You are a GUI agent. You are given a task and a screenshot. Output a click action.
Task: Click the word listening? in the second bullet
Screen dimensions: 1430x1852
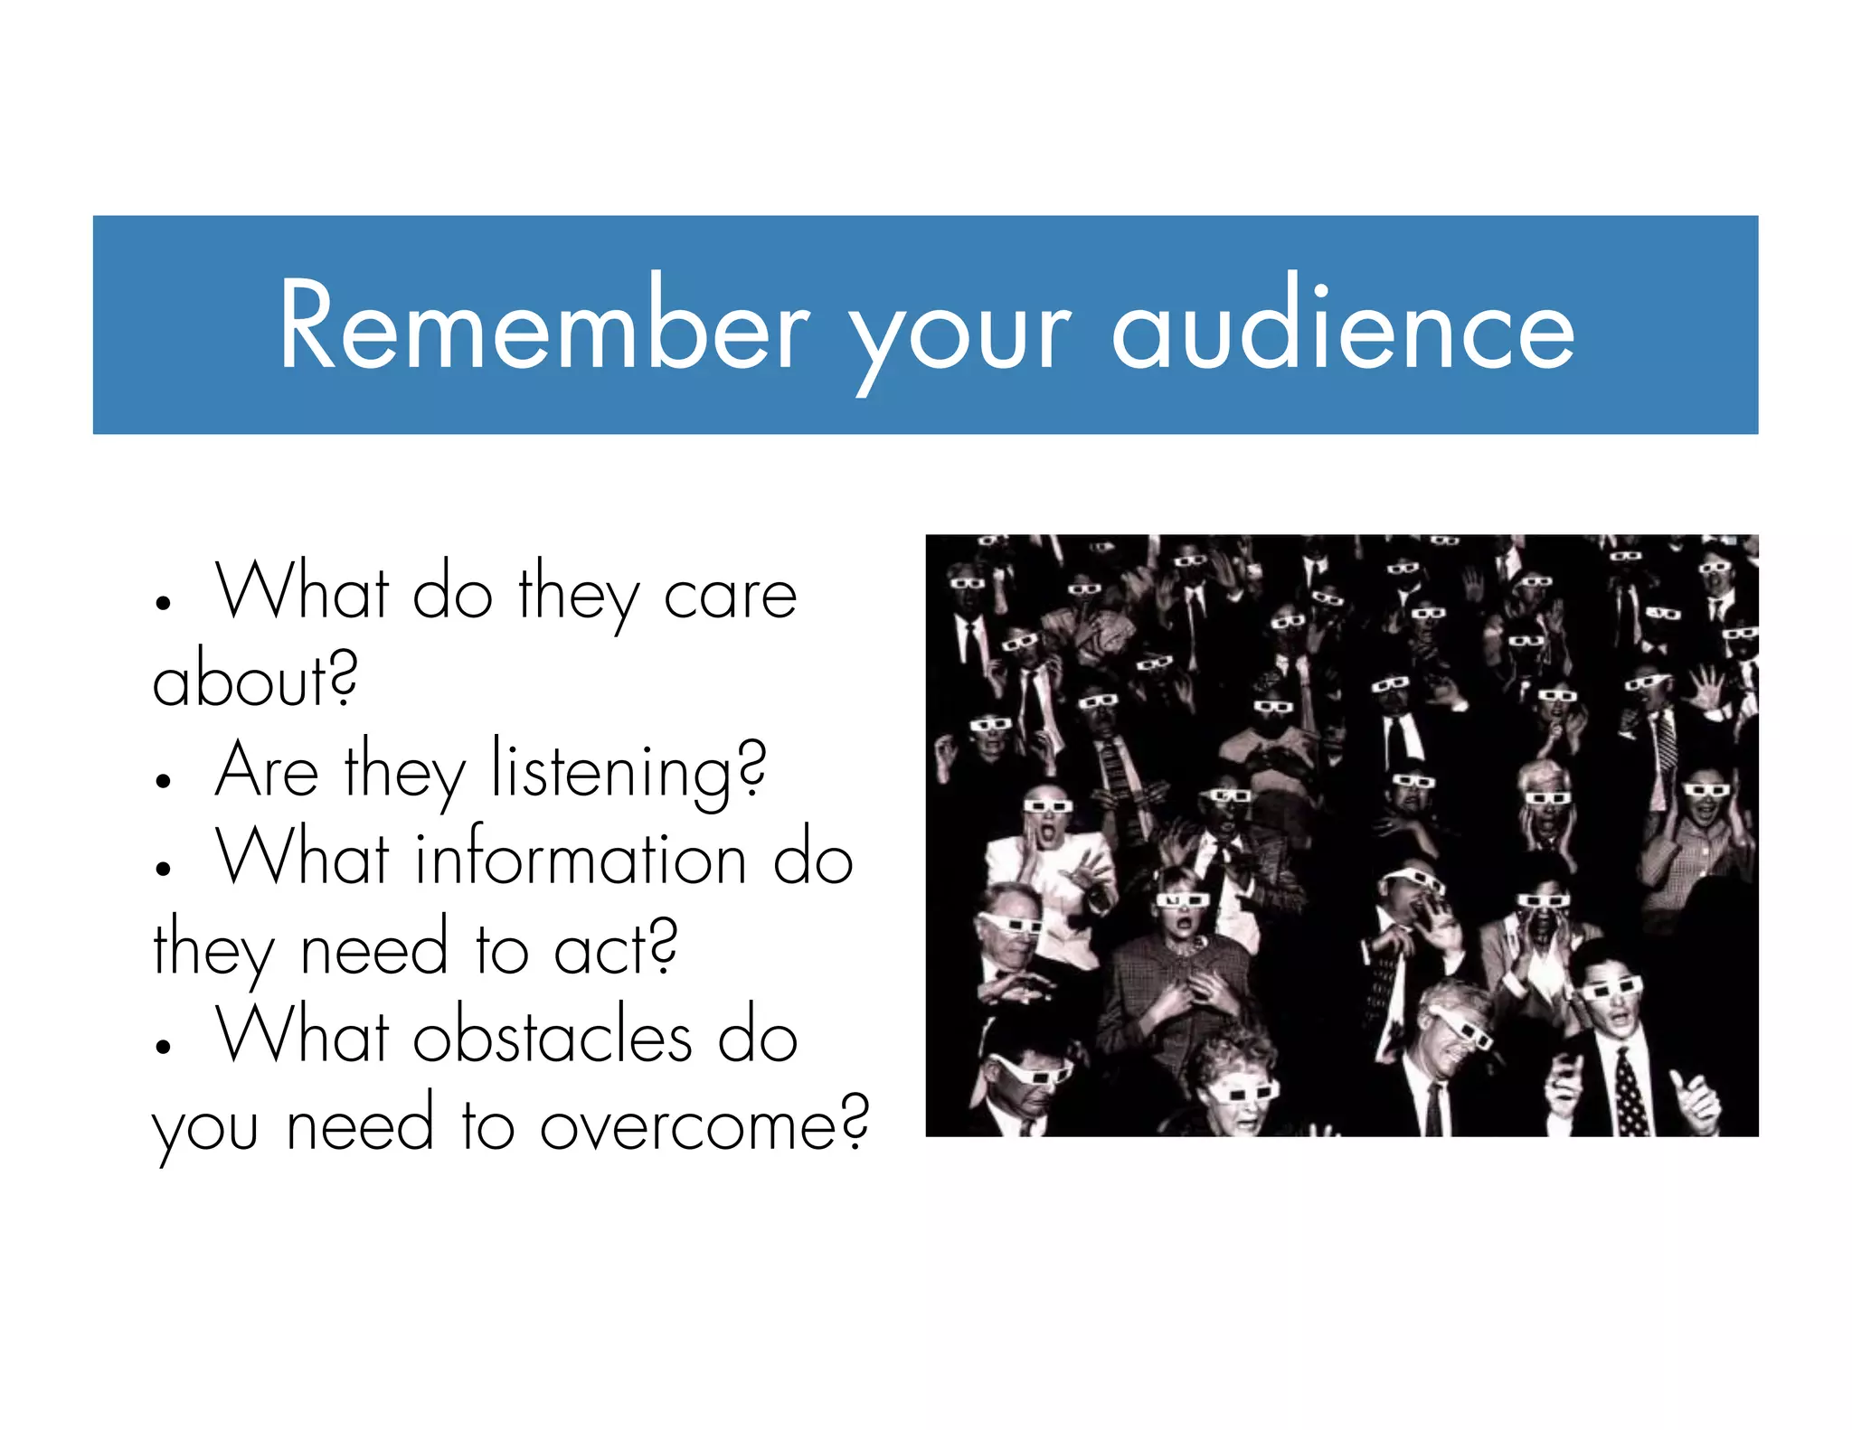(x=628, y=774)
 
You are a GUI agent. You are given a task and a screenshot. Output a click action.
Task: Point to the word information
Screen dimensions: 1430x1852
(x=580, y=858)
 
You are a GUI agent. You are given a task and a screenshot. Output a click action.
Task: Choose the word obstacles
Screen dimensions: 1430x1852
(x=553, y=1036)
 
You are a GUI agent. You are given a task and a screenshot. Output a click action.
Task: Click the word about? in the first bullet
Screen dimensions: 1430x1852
(x=254, y=680)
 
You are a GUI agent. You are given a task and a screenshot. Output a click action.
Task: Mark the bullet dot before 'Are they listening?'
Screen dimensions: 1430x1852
(x=163, y=781)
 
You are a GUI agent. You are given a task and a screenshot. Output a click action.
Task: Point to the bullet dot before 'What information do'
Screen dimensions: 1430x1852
(x=163, y=870)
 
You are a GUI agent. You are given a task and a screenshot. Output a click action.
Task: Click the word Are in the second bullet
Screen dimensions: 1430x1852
(x=267, y=771)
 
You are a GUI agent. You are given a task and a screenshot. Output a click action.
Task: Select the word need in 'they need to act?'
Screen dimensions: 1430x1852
(x=373, y=949)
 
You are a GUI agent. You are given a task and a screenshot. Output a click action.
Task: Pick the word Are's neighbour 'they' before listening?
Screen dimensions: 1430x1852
(x=404, y=774)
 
